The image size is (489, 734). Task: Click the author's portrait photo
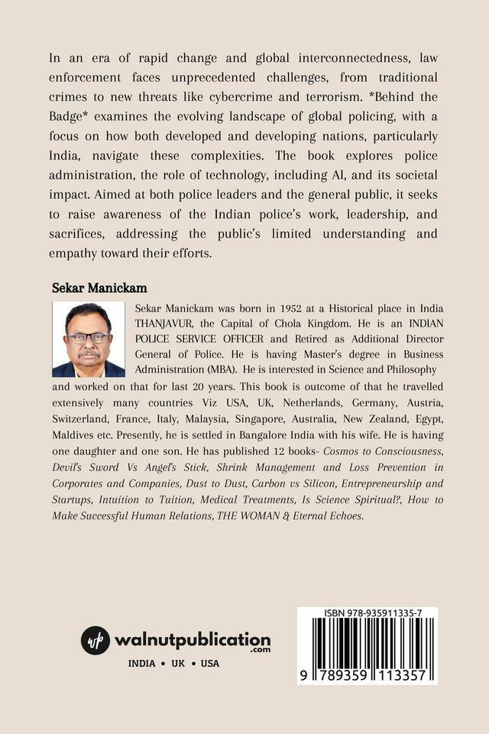tap(89, 339)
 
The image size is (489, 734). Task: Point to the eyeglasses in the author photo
tap(88, 336)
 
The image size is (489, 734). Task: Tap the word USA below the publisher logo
tap(209, 663)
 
